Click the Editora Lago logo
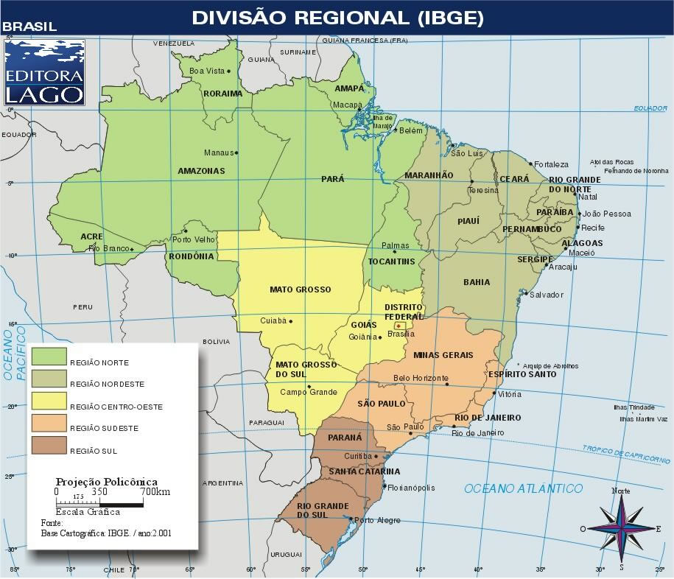(x=44, y=71)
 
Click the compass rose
(x=621, y=528)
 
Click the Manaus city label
(x=218, y=153)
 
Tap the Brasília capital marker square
(x=399, y=325)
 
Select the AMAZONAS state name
(x=201, y=171)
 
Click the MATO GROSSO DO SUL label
(x=306, y=369)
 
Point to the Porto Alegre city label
(x=378, y=521)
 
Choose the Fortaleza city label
(x=552, y=164)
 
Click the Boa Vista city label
(x=207, y=71)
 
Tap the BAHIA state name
(x=477, y=282)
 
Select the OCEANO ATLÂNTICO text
(x=523, y=488)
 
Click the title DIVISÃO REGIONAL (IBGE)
(x=337, y=18)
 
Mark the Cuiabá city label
(x=273, y=320)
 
